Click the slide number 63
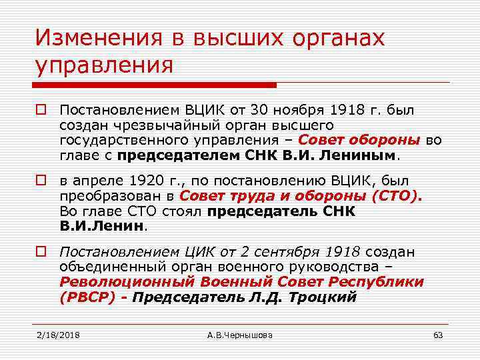click(x=438, y=335)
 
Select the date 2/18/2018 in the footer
click(x=58, y=335)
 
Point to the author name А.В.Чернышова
click(x=240, y=335)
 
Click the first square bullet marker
click(x=42, y=109)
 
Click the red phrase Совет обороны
click(x=359, y=139)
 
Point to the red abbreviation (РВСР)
click(x=87, y=297)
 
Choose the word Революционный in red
click(x=114, y=282)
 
